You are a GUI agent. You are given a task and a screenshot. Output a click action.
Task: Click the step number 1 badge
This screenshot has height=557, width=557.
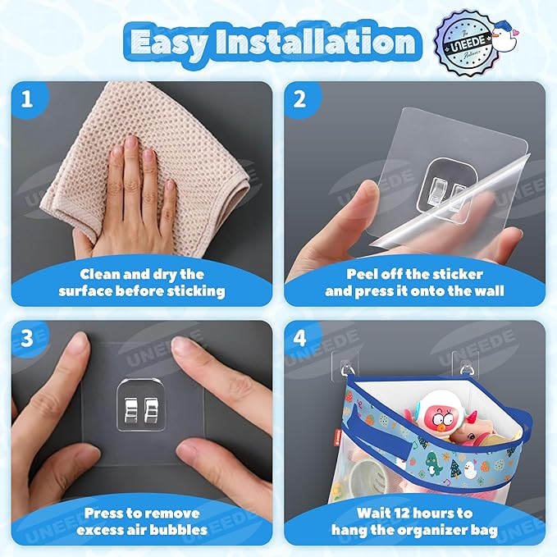point(27,98)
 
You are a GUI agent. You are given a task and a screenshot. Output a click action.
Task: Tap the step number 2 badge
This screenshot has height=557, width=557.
point(299,98)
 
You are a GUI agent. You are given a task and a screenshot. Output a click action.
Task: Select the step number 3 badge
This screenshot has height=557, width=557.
point(27,338)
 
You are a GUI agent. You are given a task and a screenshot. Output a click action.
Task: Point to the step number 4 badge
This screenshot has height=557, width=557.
point(299,338)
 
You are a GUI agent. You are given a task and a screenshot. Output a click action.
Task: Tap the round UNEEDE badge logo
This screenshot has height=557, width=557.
point(464,43)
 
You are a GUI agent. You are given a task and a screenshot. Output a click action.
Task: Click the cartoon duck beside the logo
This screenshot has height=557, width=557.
point(504,33)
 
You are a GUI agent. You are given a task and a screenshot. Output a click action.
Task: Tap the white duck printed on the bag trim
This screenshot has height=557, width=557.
point(468,469)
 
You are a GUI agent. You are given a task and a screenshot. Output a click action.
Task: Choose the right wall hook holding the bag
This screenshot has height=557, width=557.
point(465,365)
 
